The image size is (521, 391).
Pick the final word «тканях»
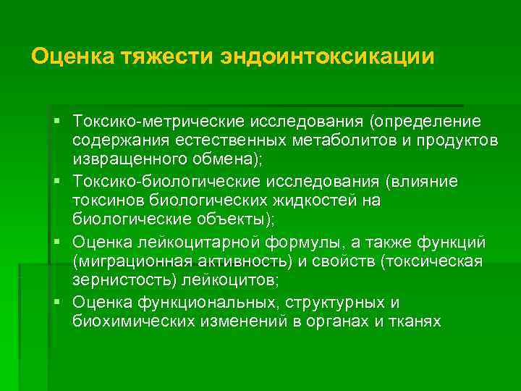(414, 321)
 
